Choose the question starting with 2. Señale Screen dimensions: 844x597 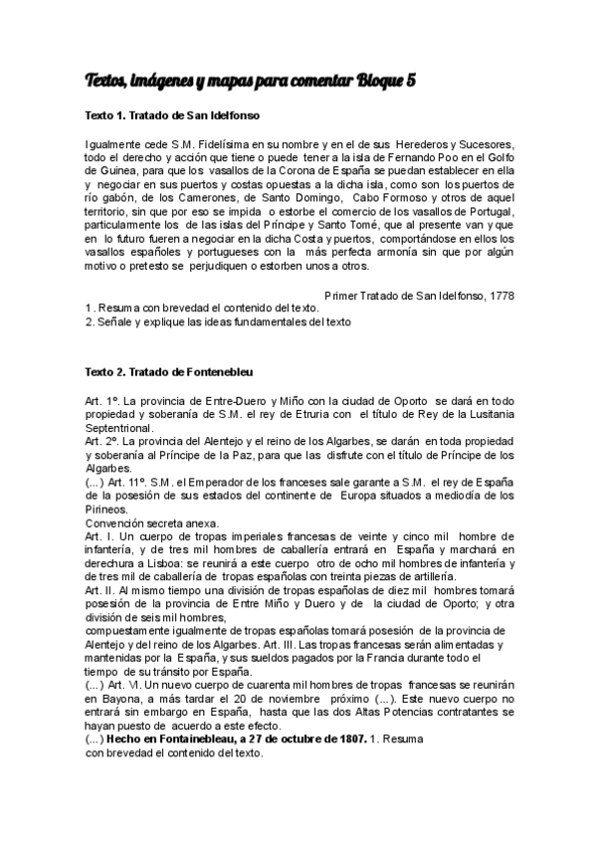(218, 321)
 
